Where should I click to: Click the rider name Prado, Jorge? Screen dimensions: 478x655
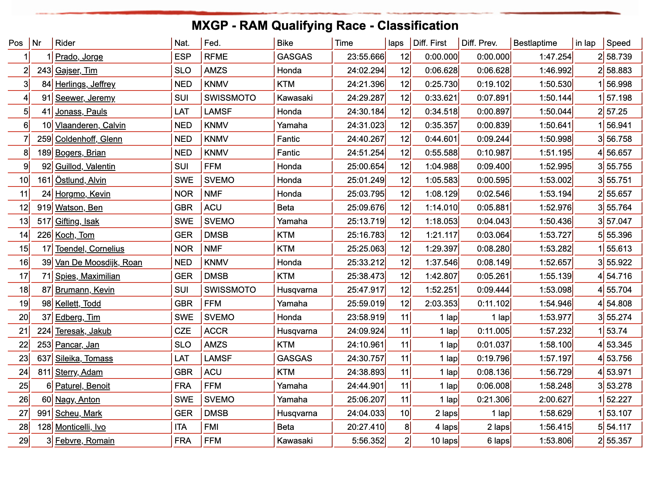[79, 57]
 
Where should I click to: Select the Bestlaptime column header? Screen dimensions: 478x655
[535, 43]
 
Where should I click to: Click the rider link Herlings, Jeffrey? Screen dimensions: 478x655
[85, 84]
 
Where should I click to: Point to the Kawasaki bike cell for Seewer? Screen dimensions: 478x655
[295, 98]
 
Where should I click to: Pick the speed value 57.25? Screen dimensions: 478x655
[617, 112]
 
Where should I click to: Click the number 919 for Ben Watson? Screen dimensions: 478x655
[44, 208]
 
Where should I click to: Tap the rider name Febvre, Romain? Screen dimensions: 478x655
[85, 441]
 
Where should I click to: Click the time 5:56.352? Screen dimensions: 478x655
[368, 441]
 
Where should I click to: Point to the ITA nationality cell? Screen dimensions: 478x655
[181, 427]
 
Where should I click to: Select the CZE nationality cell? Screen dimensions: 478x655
[183, 331]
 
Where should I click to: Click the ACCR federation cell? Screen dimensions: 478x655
[216, 331]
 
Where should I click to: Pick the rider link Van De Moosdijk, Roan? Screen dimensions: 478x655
[99, 263]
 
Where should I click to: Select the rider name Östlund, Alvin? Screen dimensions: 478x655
[81, 180]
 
